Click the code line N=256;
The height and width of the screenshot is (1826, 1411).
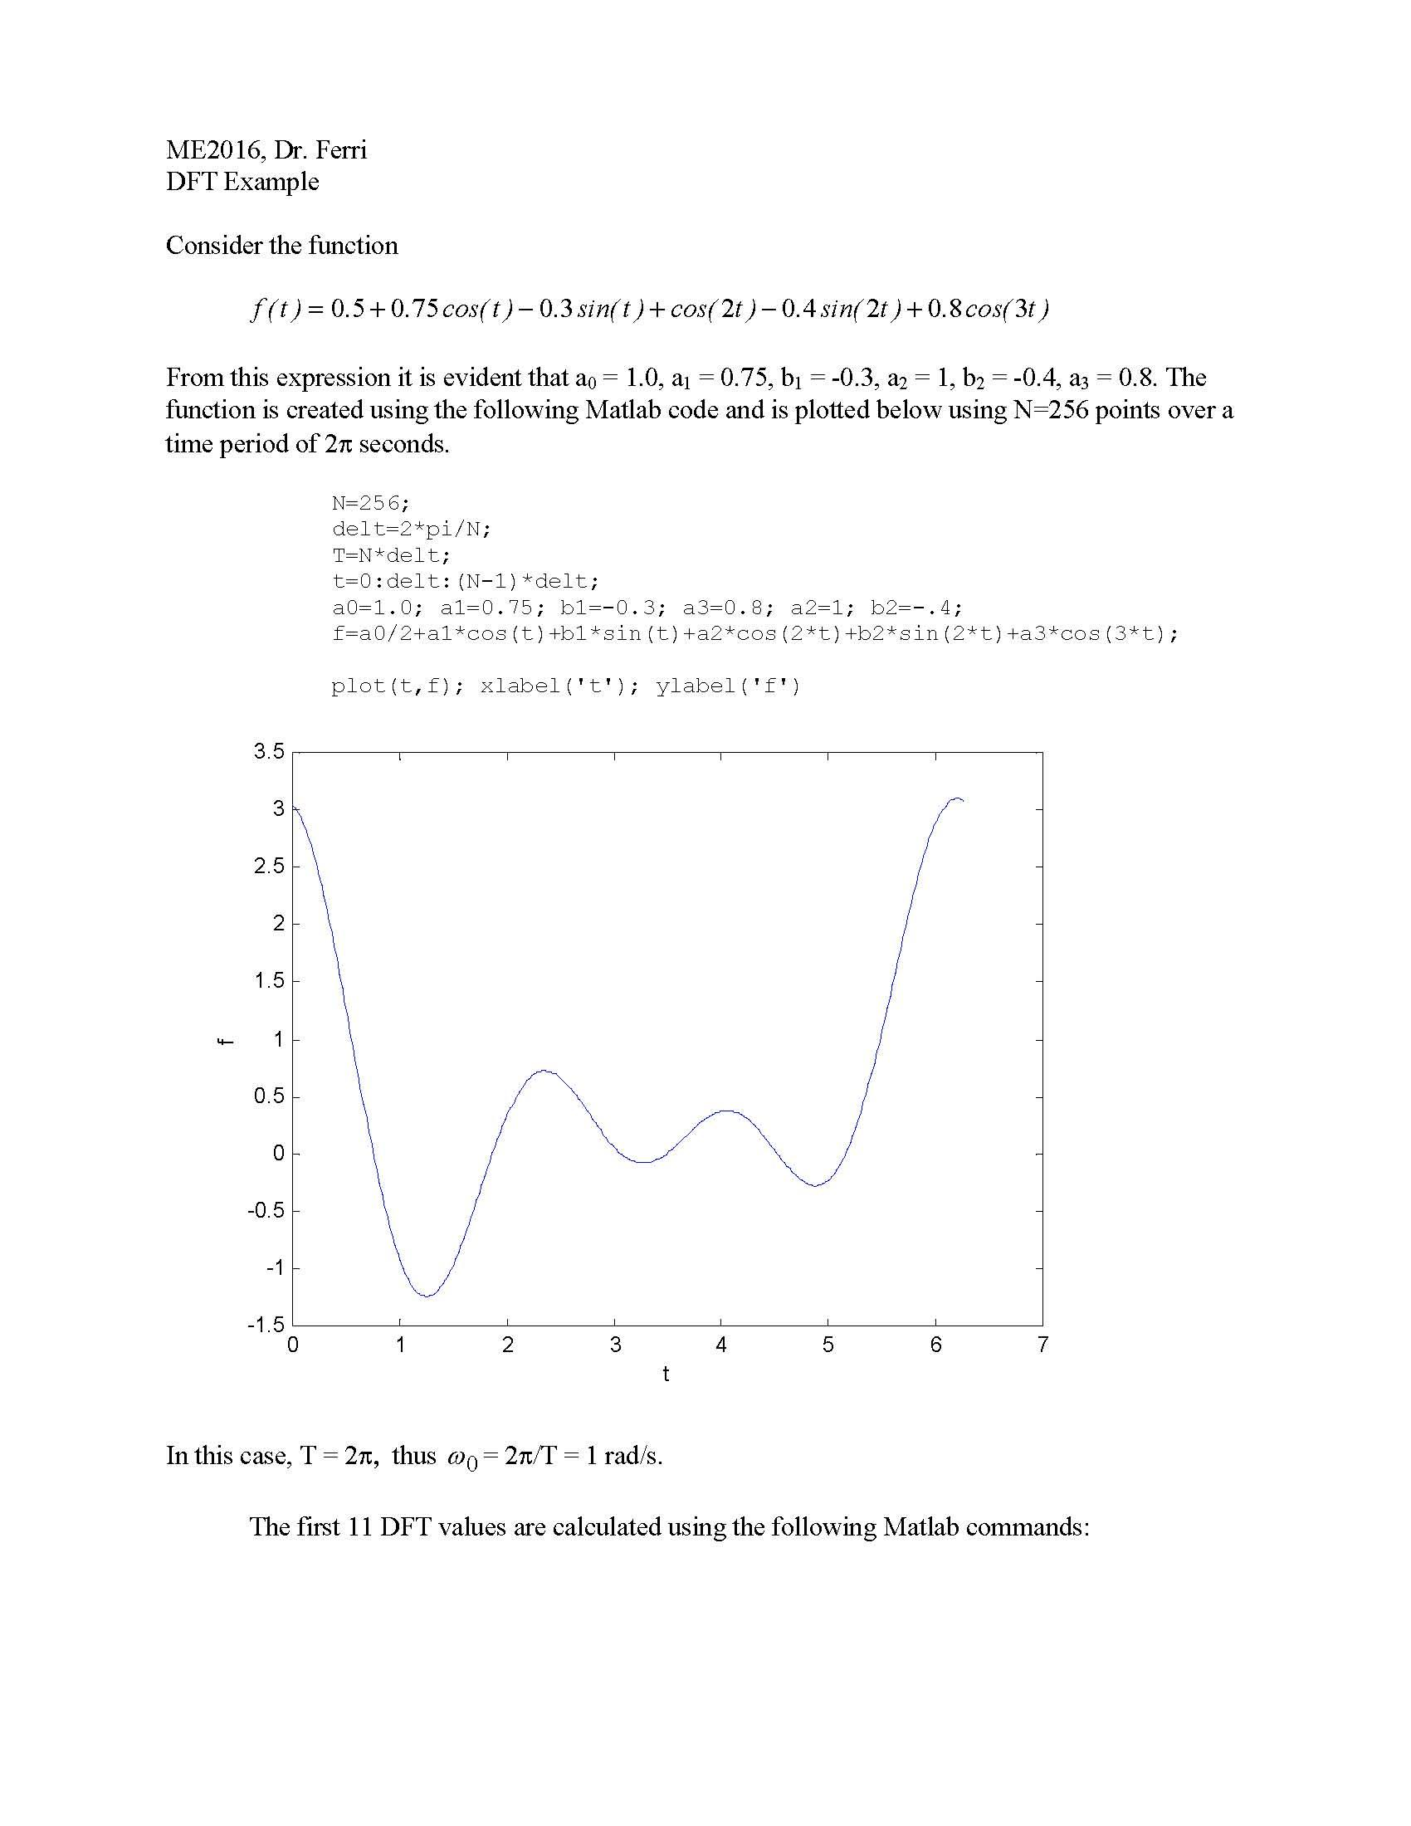tap(370, 502)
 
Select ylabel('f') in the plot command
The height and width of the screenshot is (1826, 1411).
tap(727, 686)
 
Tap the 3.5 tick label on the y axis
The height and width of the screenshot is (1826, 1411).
tap(269, 752)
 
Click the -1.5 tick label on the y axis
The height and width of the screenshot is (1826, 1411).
tap(266, 1325)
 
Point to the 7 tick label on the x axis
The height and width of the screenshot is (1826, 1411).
tap(1042, 1345)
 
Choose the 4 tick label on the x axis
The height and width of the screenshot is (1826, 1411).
tap(720, 1345)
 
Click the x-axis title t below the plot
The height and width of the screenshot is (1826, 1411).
tap(666, 1374)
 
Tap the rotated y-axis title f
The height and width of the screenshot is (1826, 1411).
tap(224, 1041)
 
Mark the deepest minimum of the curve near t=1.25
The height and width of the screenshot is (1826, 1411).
tap(427, 1296)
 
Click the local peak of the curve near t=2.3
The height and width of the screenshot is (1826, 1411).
tap(544, 1070)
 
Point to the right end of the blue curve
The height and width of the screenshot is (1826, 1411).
tap(963, 801)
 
